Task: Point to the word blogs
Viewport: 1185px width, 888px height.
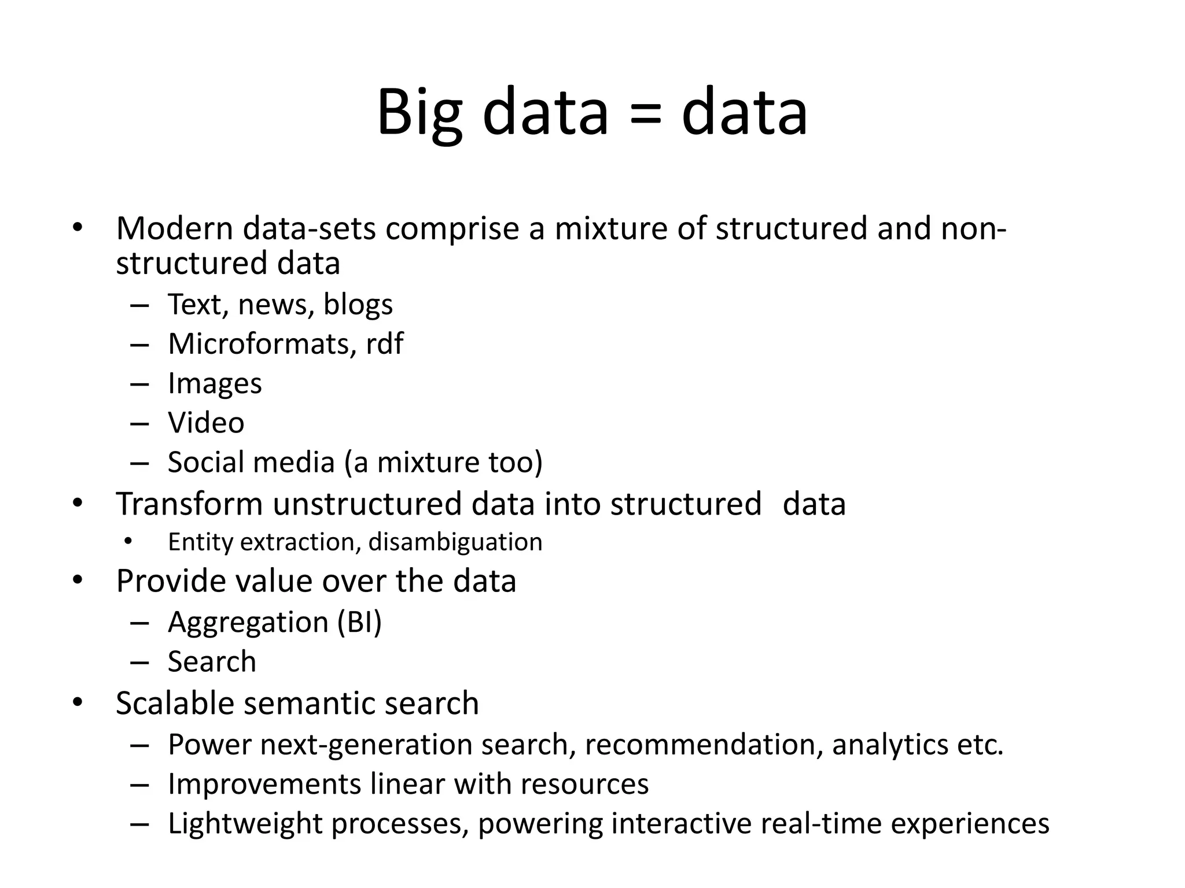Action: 358,305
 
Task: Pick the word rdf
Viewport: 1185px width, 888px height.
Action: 384,343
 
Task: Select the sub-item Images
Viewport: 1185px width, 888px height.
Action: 215,384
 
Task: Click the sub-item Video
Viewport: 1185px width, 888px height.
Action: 206,423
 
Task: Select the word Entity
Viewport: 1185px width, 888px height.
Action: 200,542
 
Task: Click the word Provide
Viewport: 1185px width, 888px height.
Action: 169,581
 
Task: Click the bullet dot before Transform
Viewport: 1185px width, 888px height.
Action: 78,504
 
